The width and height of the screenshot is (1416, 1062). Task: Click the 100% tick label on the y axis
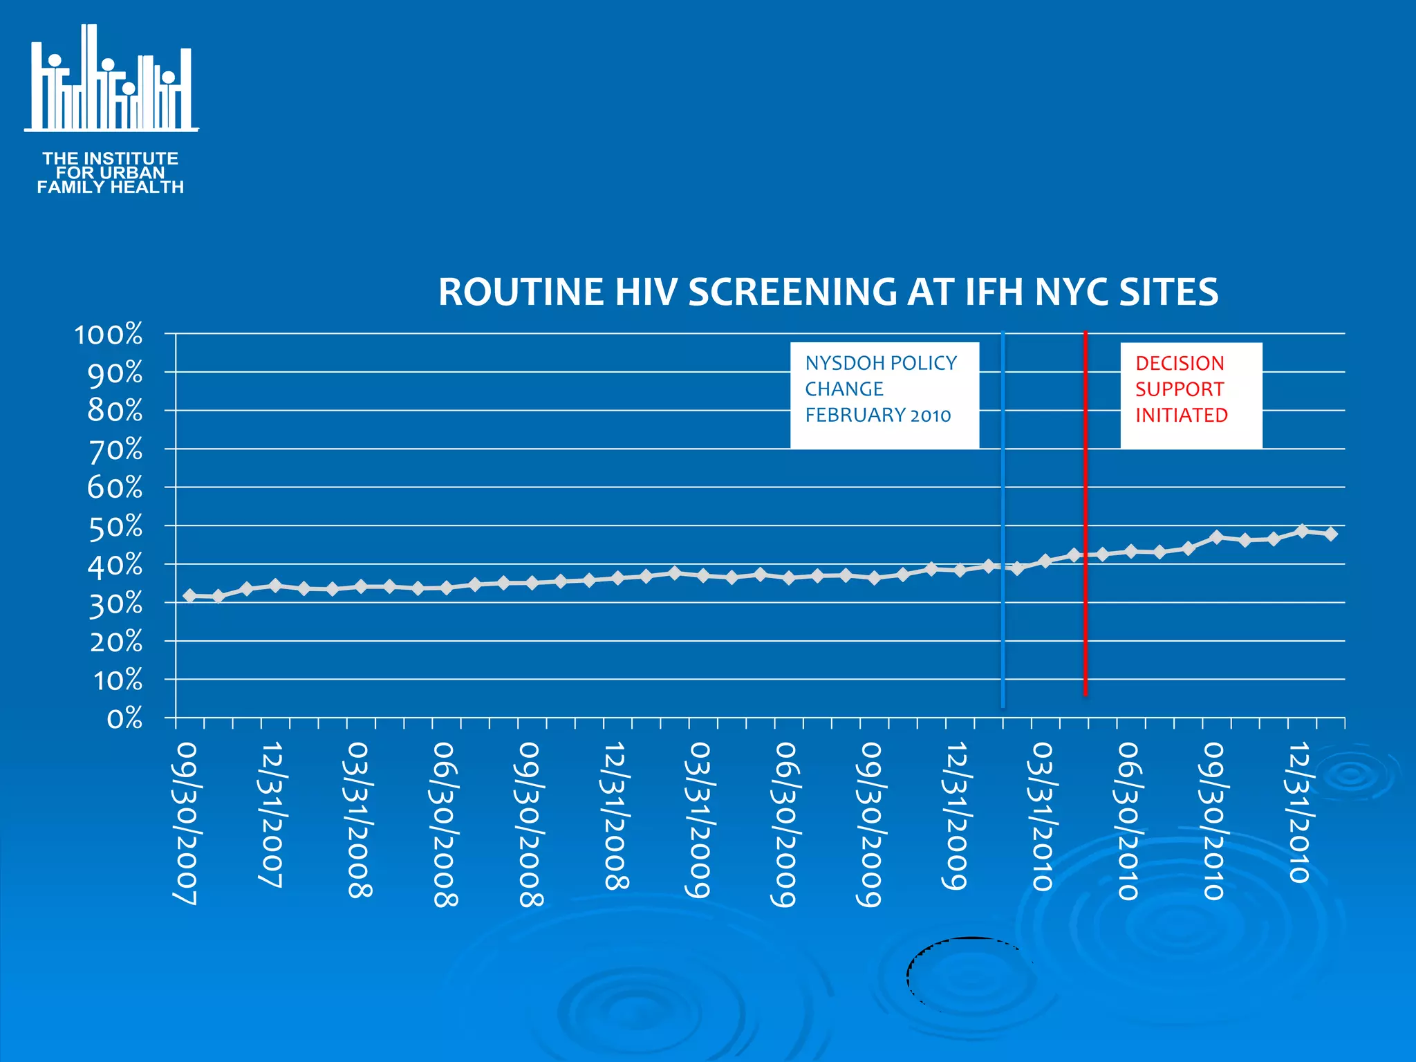click(109, 335)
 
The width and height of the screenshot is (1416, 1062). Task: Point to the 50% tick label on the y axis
click(115, 527)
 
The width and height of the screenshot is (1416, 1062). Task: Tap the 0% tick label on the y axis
click(124, 719)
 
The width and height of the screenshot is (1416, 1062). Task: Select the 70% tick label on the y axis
click(115, 450)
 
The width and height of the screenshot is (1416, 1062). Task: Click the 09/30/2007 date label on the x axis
click(185, 823)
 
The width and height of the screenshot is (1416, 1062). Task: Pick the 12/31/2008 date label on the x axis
click(615, 815)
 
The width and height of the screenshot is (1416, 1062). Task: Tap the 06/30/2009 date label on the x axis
click(785, 823)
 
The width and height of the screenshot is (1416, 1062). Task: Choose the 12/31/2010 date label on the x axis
click(1298, 812)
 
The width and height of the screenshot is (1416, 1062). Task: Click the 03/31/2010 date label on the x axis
click(1041, 816)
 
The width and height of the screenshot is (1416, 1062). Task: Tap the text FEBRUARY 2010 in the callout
click(877, 415)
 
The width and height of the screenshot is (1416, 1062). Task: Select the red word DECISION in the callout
click(1180, 363)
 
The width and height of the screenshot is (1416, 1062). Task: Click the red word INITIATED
click(1182, 415)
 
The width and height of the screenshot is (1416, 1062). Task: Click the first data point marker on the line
click(190, 595)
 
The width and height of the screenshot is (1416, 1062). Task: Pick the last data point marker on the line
click(1331, 534)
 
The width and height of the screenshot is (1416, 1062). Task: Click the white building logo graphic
click(111, 80)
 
